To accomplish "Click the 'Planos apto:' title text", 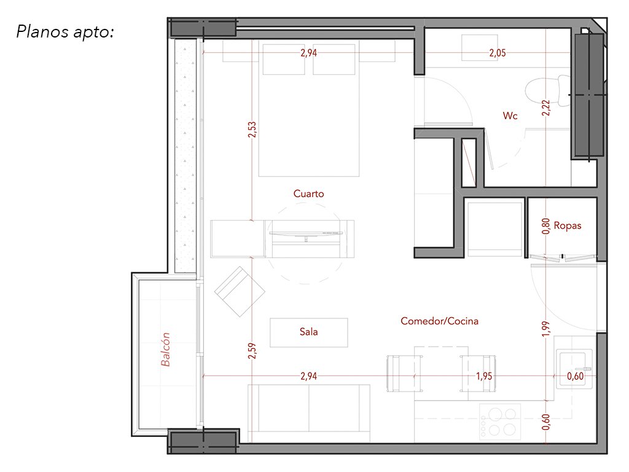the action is (65, 32).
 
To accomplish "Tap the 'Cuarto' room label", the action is (308, 194).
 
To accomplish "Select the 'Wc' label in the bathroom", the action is (510, 116).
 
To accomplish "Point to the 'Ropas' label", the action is (567, 226).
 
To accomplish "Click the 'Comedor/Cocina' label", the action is (439, 321).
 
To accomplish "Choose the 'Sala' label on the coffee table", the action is (308, 332).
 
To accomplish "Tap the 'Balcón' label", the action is (165, 350).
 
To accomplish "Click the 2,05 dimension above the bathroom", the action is (498, 53).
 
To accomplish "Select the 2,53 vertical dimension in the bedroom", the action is (252, 130).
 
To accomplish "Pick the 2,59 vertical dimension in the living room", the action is (252, 351).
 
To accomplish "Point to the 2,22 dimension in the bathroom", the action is (546, 108).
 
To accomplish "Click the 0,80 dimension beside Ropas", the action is (545, 226).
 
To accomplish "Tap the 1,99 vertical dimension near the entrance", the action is (545, 329).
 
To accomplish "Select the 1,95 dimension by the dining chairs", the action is (484, 377).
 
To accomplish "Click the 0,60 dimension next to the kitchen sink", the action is (575, 377).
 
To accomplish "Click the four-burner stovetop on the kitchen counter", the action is (500, 421).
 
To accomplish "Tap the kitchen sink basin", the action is (574, 369).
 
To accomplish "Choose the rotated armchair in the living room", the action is (240, 292).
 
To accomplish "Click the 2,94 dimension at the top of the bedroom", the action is (308, 53).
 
